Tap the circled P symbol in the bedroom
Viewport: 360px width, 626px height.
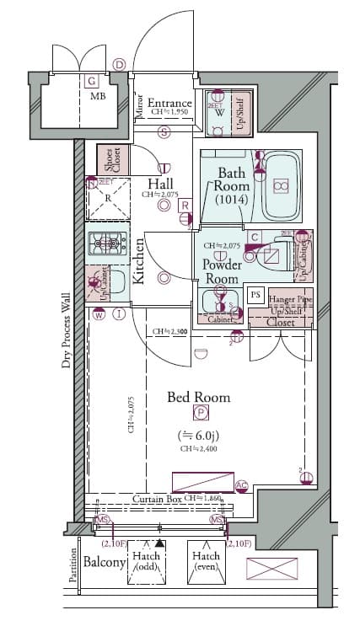coord(201,412)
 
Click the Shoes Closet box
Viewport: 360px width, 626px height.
coord(108,160)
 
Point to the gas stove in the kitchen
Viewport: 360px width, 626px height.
coord(107,243)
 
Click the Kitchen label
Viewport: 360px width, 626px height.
coord(138,260)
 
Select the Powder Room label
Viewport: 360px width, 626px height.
coord(222,271)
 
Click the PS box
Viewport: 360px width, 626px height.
coord(255,294)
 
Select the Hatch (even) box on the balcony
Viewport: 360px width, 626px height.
coord(206,561)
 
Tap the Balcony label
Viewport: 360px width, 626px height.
coord(105,562)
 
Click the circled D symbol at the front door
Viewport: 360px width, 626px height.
coord(119,65)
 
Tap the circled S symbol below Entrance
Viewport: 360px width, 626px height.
coord(164,131)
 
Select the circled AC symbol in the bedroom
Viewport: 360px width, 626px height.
coord(242,485)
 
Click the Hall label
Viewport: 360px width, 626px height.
coord(160,184)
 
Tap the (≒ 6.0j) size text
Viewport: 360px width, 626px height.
coord(200,436)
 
